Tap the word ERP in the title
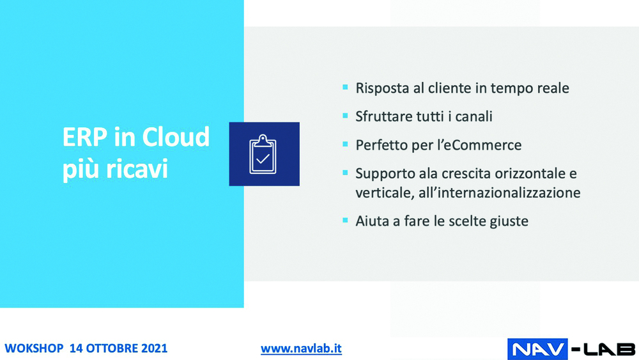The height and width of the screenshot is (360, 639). [x=85, y=137]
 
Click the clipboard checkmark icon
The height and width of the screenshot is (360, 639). [x=263, y=154]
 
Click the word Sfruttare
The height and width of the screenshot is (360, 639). [x=382, y=116]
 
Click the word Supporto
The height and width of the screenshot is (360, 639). [x=382, y=174]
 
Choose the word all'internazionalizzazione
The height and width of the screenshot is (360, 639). [x=499, y=192]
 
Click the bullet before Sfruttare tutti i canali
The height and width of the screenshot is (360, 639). [x=345, y=116]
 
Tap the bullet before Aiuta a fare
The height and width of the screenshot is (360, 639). [x=345, y=221]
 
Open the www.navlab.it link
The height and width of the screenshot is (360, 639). [x=301, y=348]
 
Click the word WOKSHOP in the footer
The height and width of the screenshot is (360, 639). [x=34, y=348]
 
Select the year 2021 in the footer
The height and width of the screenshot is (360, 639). [x=154, y=348]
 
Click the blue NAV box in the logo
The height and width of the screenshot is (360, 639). [x=537, y=349]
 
